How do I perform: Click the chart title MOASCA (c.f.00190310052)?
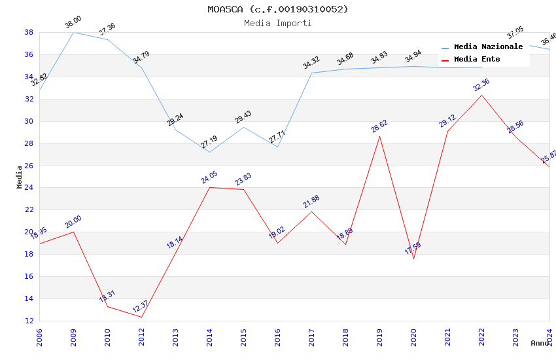pos(278,9)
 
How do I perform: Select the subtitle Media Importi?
pos(278,23)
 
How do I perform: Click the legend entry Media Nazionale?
pos(488,47)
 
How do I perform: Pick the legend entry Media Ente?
pos(477,60)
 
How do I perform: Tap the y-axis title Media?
pos(20,177)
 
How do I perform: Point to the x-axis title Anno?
pos(540,343)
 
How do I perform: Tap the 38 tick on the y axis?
pos(29,32)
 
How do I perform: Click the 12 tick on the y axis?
pos(29,321)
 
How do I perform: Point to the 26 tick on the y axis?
pos(29,166)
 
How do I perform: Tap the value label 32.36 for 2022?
pos(481,85)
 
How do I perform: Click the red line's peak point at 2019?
pos(379,136)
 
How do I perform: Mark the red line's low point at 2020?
pos(413,259)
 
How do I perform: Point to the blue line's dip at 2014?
pos(209,152)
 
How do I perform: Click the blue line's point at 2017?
pos(311,73)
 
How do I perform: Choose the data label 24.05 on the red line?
pos(209,177)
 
